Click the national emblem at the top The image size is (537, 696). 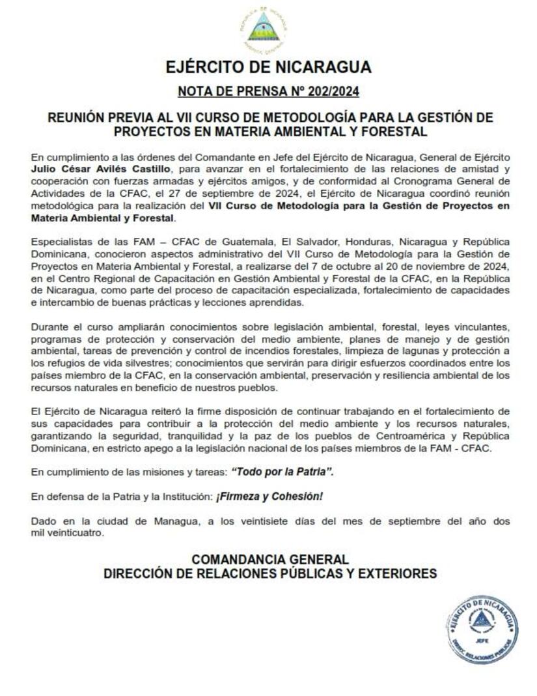(x=264, y=29)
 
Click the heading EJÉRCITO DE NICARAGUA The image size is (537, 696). (x=268, y=67)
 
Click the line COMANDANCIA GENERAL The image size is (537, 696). (x=269, y=559)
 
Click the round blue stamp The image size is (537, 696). (x=482, y=630)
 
